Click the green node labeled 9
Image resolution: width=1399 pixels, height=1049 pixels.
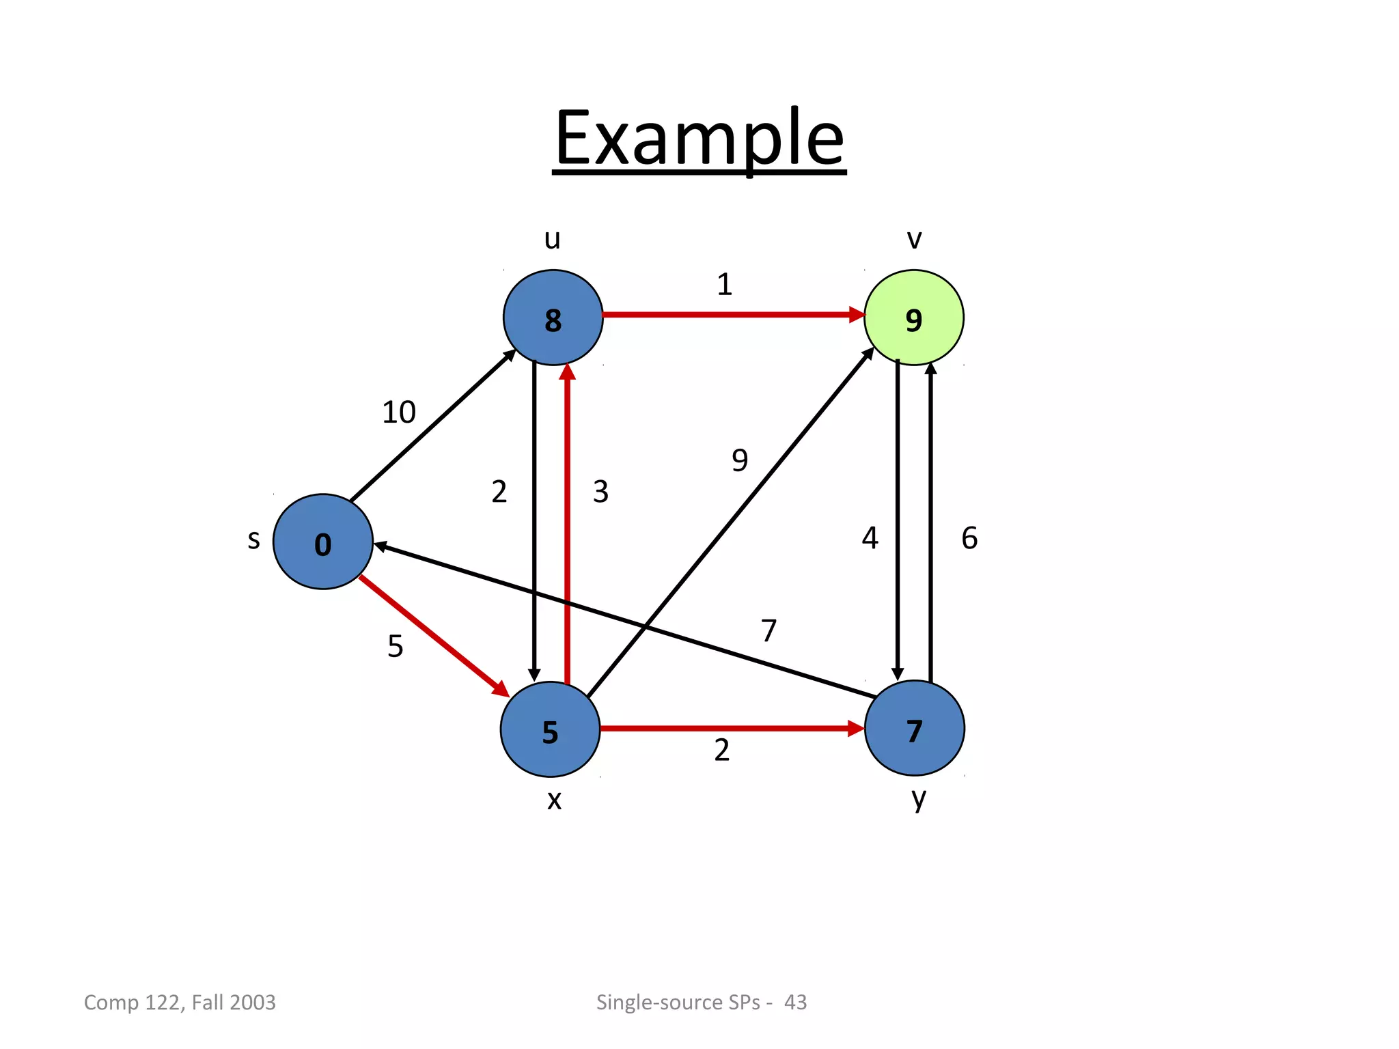pos(913,318)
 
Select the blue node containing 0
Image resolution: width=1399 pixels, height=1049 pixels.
pos(322,542)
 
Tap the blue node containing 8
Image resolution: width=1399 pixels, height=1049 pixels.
pos(553,318)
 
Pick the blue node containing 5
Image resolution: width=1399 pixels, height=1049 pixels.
pos(550,729)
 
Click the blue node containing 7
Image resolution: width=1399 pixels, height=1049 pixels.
pos(914,728)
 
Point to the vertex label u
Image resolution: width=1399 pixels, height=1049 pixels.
pos(552,239)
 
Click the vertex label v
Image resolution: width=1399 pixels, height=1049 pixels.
pos(914,239)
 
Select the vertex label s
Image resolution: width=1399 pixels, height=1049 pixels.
pos(253,540)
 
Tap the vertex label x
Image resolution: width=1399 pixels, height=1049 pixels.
pos(554,799)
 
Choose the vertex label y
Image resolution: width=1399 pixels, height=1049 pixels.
pos(919,798)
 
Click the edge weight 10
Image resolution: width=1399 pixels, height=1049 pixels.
pos(398,412)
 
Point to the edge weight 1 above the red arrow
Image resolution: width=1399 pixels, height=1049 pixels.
pos(724,284)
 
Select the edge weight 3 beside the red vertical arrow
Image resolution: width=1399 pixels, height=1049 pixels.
pos(600,492)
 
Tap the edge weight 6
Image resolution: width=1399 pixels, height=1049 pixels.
pos(969,538)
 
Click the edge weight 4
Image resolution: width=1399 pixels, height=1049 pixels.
pos(870,538)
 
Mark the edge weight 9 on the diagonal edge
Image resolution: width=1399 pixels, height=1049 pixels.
pos(740,460)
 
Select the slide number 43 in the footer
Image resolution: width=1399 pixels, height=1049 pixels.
pos(795,1002)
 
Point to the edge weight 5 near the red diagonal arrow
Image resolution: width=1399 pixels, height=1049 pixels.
pos(396,646)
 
